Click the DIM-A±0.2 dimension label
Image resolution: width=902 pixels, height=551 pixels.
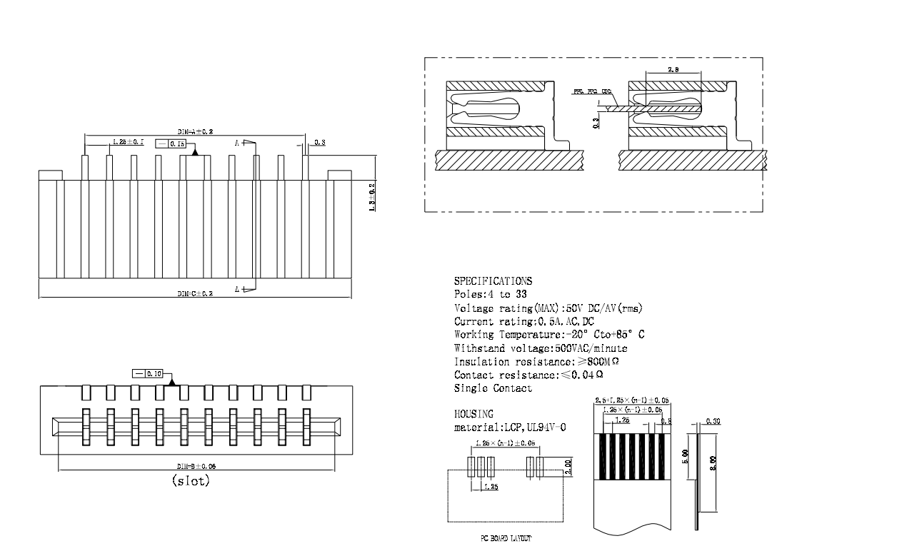coord(195,132)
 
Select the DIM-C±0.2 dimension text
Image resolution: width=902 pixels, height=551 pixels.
coord(195,294)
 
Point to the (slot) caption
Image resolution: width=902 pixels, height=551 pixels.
coord(191,481)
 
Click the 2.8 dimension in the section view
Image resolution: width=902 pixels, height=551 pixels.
coord(673,69)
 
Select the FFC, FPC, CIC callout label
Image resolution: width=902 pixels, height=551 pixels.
coord(593,92)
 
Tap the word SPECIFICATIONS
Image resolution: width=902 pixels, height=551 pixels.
coord(493,281)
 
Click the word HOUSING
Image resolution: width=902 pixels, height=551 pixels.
coord(473,414)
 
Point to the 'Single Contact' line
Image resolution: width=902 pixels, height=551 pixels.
coord(493,388)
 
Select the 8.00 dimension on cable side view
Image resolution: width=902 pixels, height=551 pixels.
coord(713,463)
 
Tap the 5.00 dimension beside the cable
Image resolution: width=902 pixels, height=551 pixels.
coord(685,454)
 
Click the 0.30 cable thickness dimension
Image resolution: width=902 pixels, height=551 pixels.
coord(712,421)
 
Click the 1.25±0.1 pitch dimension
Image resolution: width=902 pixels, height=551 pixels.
coord(128,143)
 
